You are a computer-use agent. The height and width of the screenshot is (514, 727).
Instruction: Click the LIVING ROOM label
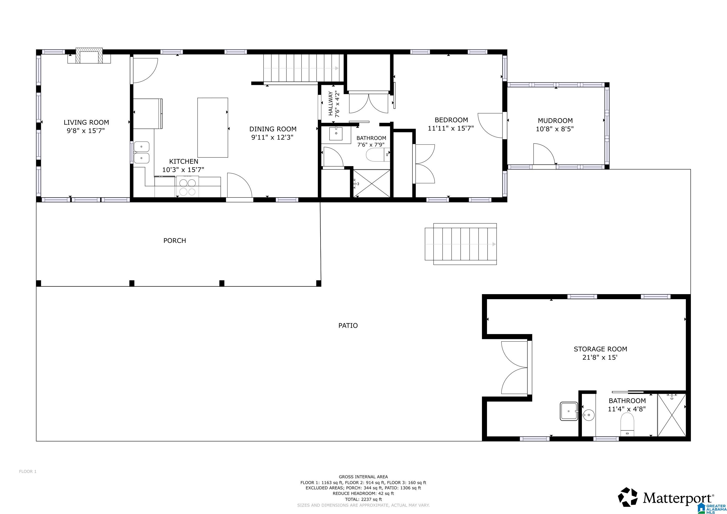[86, 122]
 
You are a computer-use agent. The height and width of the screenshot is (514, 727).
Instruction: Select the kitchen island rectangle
[212, 127]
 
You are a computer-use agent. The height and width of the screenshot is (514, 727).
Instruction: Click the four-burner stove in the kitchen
[188, 187]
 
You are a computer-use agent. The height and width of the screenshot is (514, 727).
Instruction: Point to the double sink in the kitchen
[141, 152]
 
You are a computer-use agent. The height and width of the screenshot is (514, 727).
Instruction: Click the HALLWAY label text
[331, 103]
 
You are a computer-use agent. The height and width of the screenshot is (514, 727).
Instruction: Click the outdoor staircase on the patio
[461, 244]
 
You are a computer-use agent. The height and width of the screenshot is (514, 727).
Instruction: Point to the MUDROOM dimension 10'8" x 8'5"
[555, 129]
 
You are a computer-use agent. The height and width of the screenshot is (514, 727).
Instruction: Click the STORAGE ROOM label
[600, 349]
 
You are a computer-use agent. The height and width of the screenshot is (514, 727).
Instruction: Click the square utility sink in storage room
[569, 411]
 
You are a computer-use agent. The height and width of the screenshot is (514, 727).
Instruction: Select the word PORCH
[174, 240]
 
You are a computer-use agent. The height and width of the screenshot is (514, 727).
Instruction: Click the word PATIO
[348, 325]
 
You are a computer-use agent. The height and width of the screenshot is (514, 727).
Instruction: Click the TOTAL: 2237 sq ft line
[363, 499]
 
